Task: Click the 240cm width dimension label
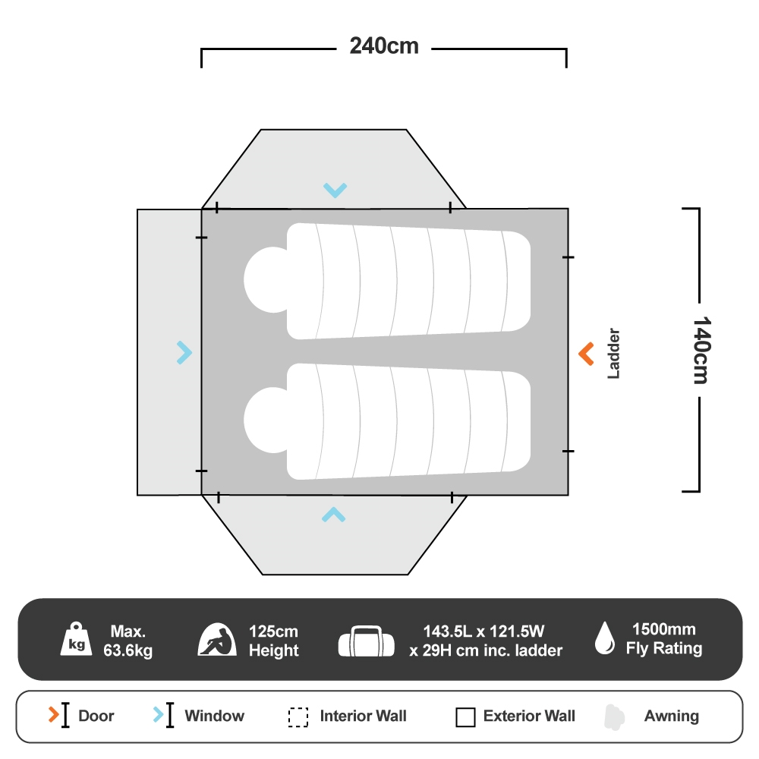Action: (x=383, y=46)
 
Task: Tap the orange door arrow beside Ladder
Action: (x=586, y=354)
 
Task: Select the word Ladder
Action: (x=614, y=354)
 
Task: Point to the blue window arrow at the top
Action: (x=335, y=190)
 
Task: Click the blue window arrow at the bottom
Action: (x=333, y=515)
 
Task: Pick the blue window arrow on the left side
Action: (x=184, y=352)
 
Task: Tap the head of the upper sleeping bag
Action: (x=265, y=279)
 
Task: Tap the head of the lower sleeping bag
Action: (x=265, y=420)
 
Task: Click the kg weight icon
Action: (x=77, y=640)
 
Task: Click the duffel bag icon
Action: (x=367, y=641)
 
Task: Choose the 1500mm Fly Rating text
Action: (x=664, y=639)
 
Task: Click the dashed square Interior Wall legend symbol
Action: (x=298, y=717)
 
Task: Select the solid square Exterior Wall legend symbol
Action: (x=465, y=717)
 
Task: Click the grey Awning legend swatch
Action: (x=614, y=717)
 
